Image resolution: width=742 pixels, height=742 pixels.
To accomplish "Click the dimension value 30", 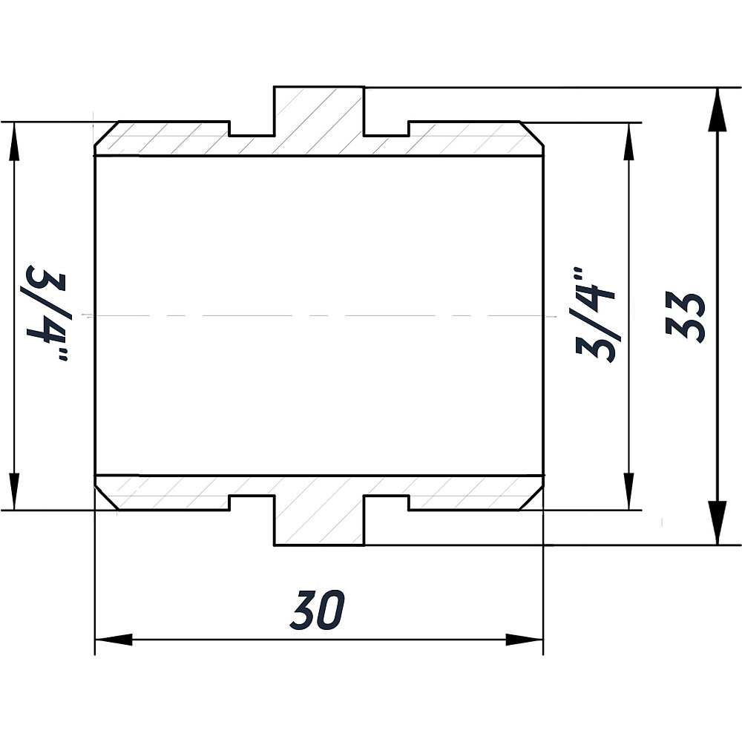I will [318, 610].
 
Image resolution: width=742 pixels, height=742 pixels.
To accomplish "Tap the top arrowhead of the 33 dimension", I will [717, 108].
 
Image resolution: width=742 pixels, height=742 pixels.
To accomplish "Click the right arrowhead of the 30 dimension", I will [525, 640].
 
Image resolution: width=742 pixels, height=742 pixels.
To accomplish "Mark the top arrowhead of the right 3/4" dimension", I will [629, 141].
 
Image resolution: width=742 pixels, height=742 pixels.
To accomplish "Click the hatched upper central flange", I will [319, 119].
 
